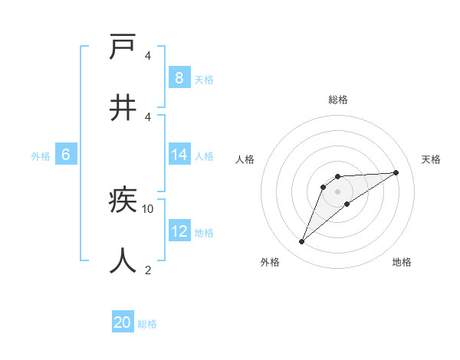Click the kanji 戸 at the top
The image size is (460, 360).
click(123, 47)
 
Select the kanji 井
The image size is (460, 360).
click(123, 107)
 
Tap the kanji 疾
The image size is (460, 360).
click(123, 201)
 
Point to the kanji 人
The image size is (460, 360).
click(123, 260)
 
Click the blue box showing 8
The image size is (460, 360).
click(179, 77)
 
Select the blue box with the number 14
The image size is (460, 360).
click(179, 155)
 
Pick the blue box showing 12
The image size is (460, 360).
click(179, 231)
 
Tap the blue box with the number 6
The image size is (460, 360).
click(66, 155)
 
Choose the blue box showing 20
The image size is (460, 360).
click(123, 322)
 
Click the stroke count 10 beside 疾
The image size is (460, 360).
click(148, 208)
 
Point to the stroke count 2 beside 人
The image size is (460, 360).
click(148, 270)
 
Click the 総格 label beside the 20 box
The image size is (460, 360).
click(147, 324)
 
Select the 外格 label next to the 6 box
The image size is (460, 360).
click(41, 156)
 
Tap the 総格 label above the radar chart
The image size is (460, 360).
click(337, 100)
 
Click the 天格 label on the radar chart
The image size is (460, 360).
click(431, 159)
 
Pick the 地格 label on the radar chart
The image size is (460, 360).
click(402, 262)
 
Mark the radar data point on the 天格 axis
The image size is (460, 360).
click(396, 172)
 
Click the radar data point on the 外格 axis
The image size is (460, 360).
click(302, 242)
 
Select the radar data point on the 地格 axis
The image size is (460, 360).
click(347, 204)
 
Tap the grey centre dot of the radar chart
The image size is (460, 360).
click(337, 191)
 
